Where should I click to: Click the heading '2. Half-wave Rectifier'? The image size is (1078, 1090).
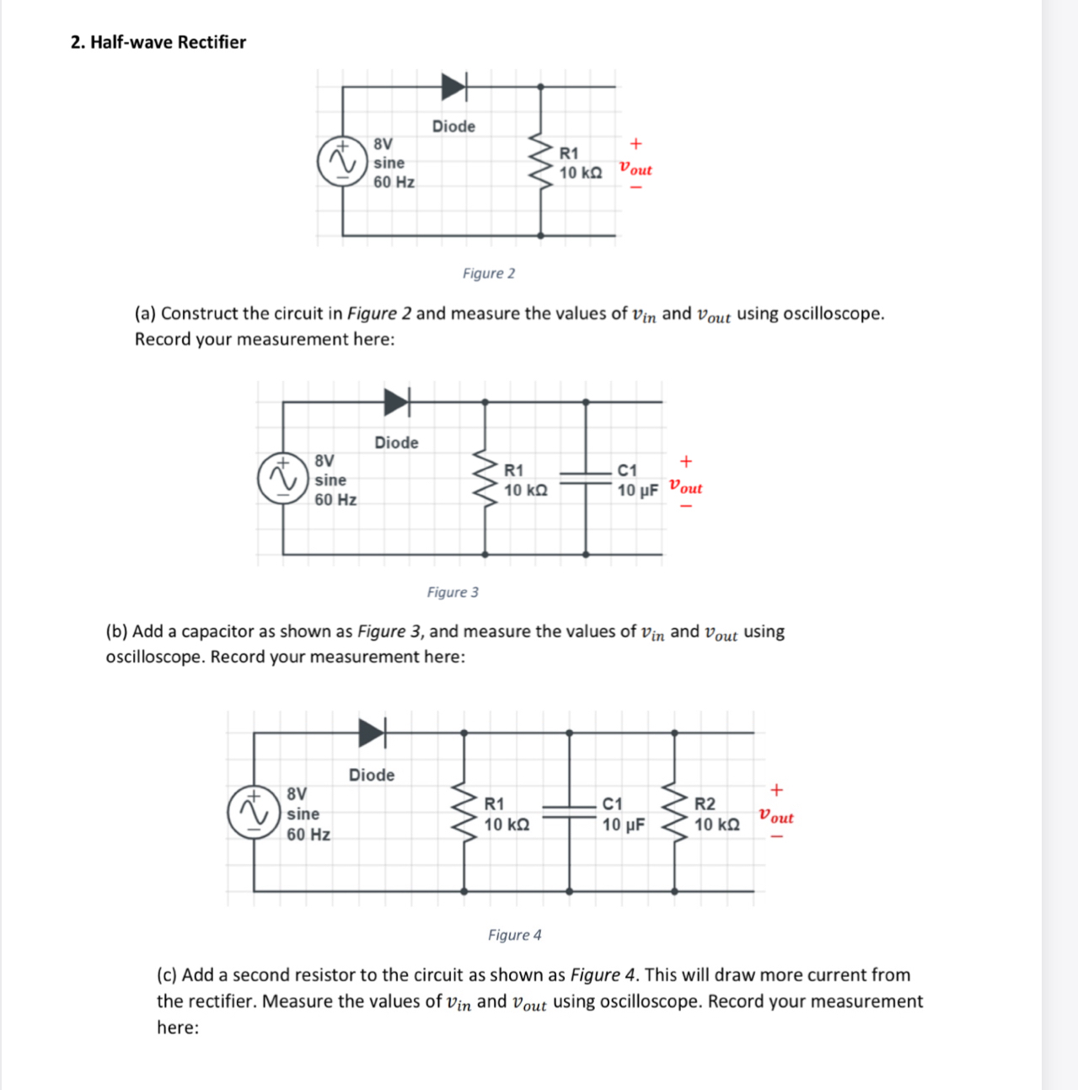coord(158,42)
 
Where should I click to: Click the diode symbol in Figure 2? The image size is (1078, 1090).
coord(453,86)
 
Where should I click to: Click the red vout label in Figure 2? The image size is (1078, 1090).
coord(636,169)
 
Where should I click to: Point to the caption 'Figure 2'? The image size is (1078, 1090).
coord(489,273)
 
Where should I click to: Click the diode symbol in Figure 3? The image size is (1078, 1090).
coord(396,402)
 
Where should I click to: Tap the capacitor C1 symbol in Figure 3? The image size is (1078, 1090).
coord(586,478)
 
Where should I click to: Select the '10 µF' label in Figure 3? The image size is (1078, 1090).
coord(637,491)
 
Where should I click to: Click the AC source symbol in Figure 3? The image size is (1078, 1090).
coord(282,478)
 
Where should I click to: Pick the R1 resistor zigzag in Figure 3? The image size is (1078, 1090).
coord(485,478)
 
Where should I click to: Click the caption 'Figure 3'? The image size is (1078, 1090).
coord(453,592)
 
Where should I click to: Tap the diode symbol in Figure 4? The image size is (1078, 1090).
coord(372,733)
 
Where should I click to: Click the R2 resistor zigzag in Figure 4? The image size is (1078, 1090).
coord(674,812)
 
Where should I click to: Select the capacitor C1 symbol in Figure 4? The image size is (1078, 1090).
coord(569,812)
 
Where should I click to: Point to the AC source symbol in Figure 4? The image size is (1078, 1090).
coord(253,812)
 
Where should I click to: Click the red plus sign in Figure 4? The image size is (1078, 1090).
coord(776,790)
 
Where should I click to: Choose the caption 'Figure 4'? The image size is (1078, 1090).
coord(514,935)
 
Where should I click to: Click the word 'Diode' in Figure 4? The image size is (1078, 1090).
coord(372,775)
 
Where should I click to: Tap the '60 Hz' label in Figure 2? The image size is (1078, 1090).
coord(394,182)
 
